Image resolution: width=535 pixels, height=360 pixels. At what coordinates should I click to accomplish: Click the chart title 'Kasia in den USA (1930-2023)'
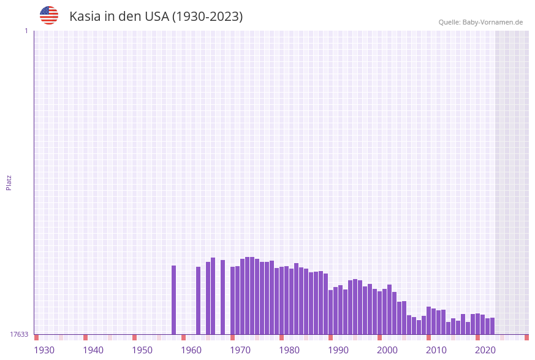click(156, 17)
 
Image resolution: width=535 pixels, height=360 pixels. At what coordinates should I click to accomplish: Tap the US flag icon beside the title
click(49, 15)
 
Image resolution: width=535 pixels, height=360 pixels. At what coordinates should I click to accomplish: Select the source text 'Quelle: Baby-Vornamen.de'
click(480, 22)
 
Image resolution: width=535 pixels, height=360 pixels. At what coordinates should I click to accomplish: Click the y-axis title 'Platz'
click(9, 182)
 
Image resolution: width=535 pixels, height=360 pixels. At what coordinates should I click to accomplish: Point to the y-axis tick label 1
click(26, 31)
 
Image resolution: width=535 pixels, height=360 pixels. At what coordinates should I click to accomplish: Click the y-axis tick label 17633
click(19, 334)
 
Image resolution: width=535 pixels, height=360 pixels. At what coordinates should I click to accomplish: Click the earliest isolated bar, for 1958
click(173, 300)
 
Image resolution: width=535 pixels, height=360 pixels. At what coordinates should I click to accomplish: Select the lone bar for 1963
click(198, 301)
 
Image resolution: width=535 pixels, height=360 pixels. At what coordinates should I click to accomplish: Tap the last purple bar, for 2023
click(492, 326)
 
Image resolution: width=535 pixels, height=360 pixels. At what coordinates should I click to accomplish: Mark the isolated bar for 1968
click(222, 297)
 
